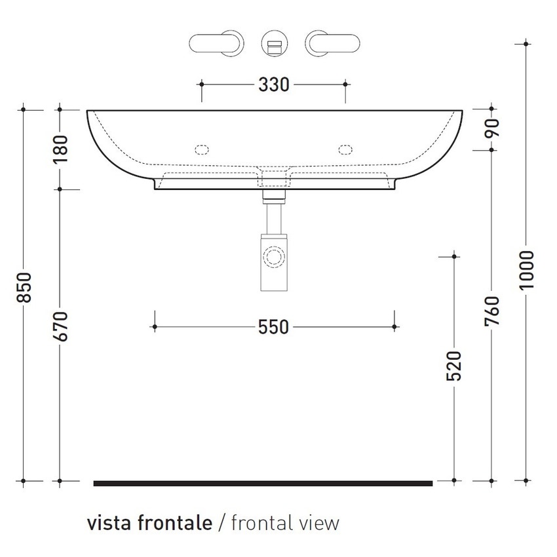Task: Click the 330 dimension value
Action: pos(273,85)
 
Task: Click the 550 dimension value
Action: pos(273,326)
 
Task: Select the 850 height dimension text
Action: pos(24,288)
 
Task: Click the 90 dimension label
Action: pos(493,128)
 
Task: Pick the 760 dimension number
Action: pos(493,311)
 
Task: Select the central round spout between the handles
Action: pos(273,44)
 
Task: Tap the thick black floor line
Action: pos(263,484)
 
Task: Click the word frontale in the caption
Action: pos(176,523)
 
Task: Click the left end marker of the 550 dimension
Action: pos(155,326)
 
